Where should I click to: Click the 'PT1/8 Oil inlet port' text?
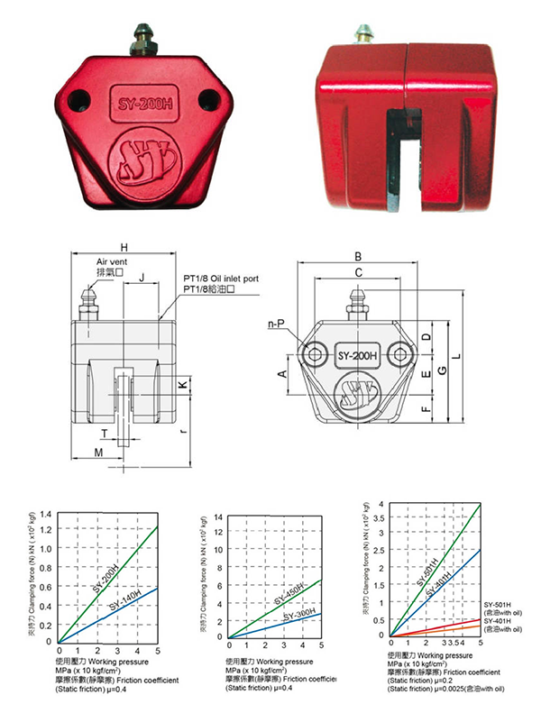point(219,279)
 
